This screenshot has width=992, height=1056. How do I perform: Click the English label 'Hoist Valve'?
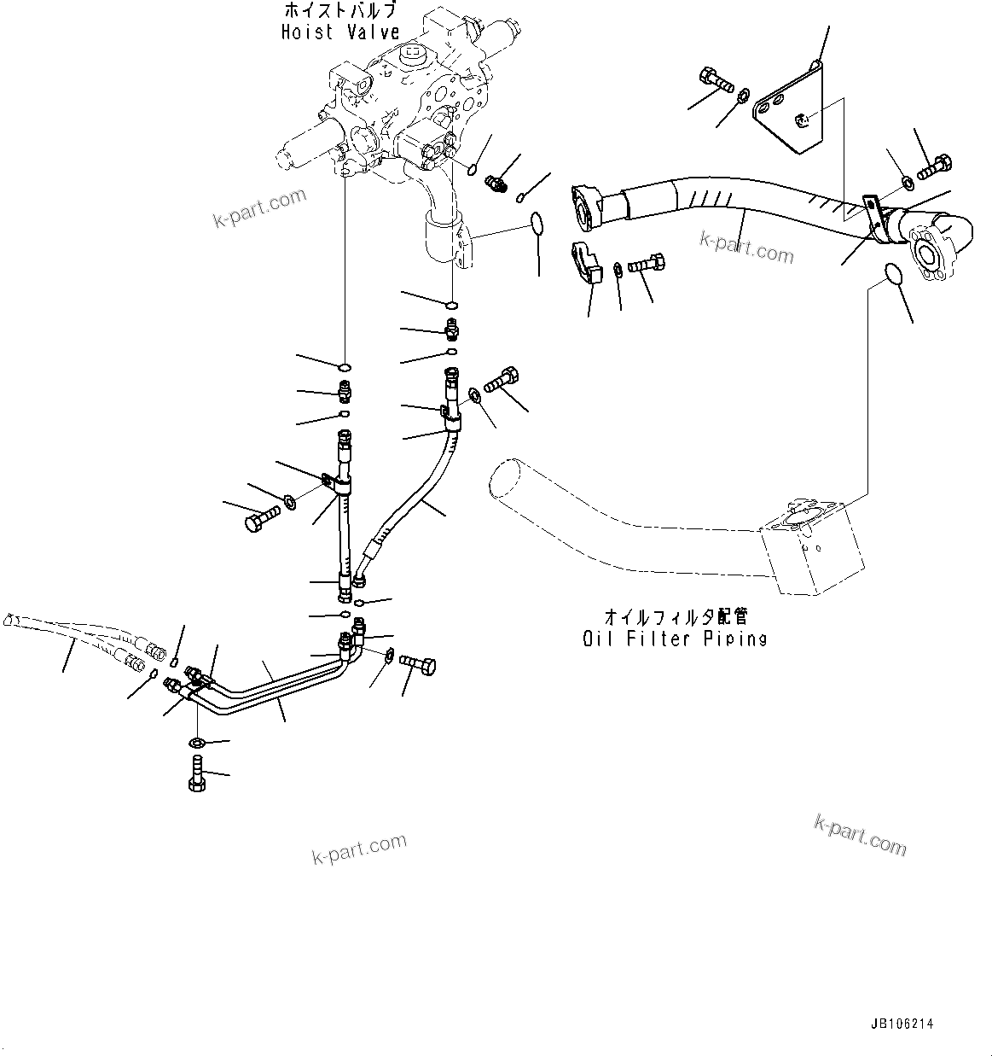339,32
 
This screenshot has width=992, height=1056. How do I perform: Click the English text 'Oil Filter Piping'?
675,639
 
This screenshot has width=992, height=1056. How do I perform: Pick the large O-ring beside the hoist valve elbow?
537,224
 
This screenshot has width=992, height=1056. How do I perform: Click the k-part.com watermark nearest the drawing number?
860,834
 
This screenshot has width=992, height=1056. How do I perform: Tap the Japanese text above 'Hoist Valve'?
339,11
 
